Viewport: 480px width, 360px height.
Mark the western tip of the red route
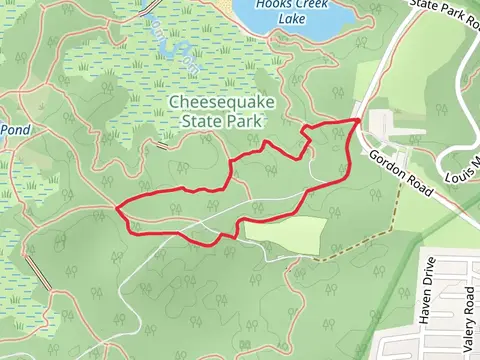pos(118,209)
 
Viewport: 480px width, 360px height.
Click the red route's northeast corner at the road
pos(359,119)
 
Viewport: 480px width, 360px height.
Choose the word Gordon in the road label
pos(387,163)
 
